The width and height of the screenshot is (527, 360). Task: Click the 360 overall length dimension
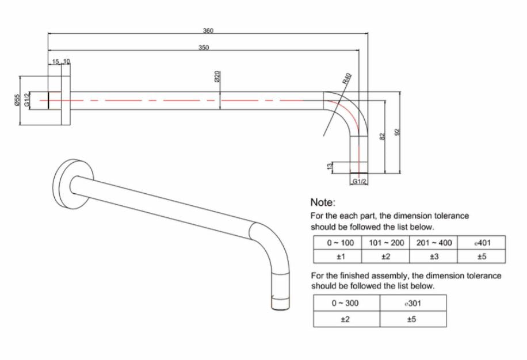click(x=208, y=30)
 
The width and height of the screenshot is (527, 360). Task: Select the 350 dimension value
click(x=203, y=47)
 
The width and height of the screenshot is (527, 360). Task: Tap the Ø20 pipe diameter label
click(x=217, y=76)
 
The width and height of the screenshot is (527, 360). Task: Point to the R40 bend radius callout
click(x=347, y=79)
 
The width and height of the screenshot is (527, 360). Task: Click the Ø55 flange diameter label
click(x=17, y=100)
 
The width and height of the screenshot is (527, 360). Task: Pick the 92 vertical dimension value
click(x=397, y=132)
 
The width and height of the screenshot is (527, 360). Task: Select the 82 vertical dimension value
click(x=382, y=137)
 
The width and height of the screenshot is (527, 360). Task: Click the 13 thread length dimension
click(x=330, y=166)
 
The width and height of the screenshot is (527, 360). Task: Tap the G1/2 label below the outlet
click(x=359, y=181)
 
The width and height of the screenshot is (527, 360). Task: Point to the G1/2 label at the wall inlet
click(x=27, y=99)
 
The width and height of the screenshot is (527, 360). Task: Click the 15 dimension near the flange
click(x=55, y=62)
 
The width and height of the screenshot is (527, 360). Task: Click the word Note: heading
click(x=323, y=202)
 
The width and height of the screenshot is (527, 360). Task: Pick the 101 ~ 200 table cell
click(x=385, y=243)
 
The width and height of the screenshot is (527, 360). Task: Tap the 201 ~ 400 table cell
click(x=434, y=243)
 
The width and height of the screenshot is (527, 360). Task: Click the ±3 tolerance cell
click(x=434, y=256)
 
